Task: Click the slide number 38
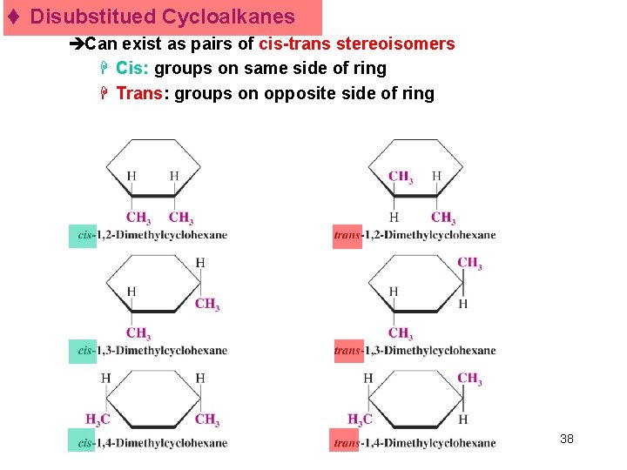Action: pos(567,439)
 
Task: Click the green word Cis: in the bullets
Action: pos(133,68)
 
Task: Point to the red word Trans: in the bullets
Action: pos(140,93)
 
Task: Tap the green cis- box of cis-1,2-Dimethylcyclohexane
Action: pos(85,235)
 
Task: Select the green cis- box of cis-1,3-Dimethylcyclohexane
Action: pos(85,351)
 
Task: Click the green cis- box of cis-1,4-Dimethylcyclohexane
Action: pos(85,442)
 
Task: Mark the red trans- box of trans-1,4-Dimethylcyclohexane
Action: pos(346,442)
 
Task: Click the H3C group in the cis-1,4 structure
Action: pos(98,420)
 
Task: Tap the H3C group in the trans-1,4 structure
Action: pos(360,420)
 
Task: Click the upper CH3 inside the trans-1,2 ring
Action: pos(401,178)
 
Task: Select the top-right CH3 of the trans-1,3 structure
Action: pos(469,263)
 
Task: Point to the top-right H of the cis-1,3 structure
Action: pos(200,263)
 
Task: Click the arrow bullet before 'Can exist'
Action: pos(77,44)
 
